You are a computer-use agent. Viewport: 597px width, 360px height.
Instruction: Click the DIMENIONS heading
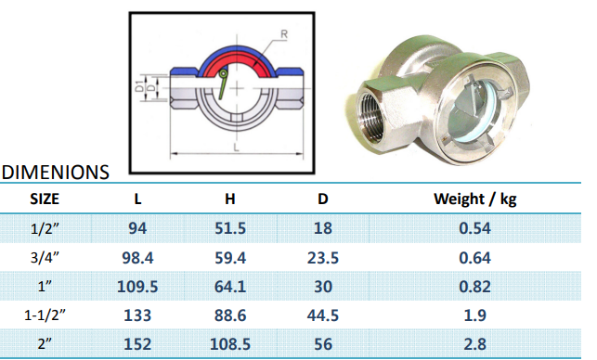[x=56, y=172]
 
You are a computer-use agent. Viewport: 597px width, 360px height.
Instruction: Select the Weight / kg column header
[x=474, y=199]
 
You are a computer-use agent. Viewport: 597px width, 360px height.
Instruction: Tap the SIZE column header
[x=45, y=199]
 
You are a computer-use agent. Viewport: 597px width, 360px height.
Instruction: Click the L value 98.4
[x=137, y=258]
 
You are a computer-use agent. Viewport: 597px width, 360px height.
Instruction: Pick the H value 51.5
[x=230, y=228]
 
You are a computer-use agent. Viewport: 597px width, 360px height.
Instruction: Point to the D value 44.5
[x=323, y=315]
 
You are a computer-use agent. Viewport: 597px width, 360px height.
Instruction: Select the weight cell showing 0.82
[x=474, y=286]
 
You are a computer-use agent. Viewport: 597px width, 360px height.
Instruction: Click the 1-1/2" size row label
[x=45, y=315]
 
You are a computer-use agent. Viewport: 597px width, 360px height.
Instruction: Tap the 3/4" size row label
[x=45, y=258]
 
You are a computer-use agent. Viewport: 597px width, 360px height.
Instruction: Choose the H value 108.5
[x=230, y=344]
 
